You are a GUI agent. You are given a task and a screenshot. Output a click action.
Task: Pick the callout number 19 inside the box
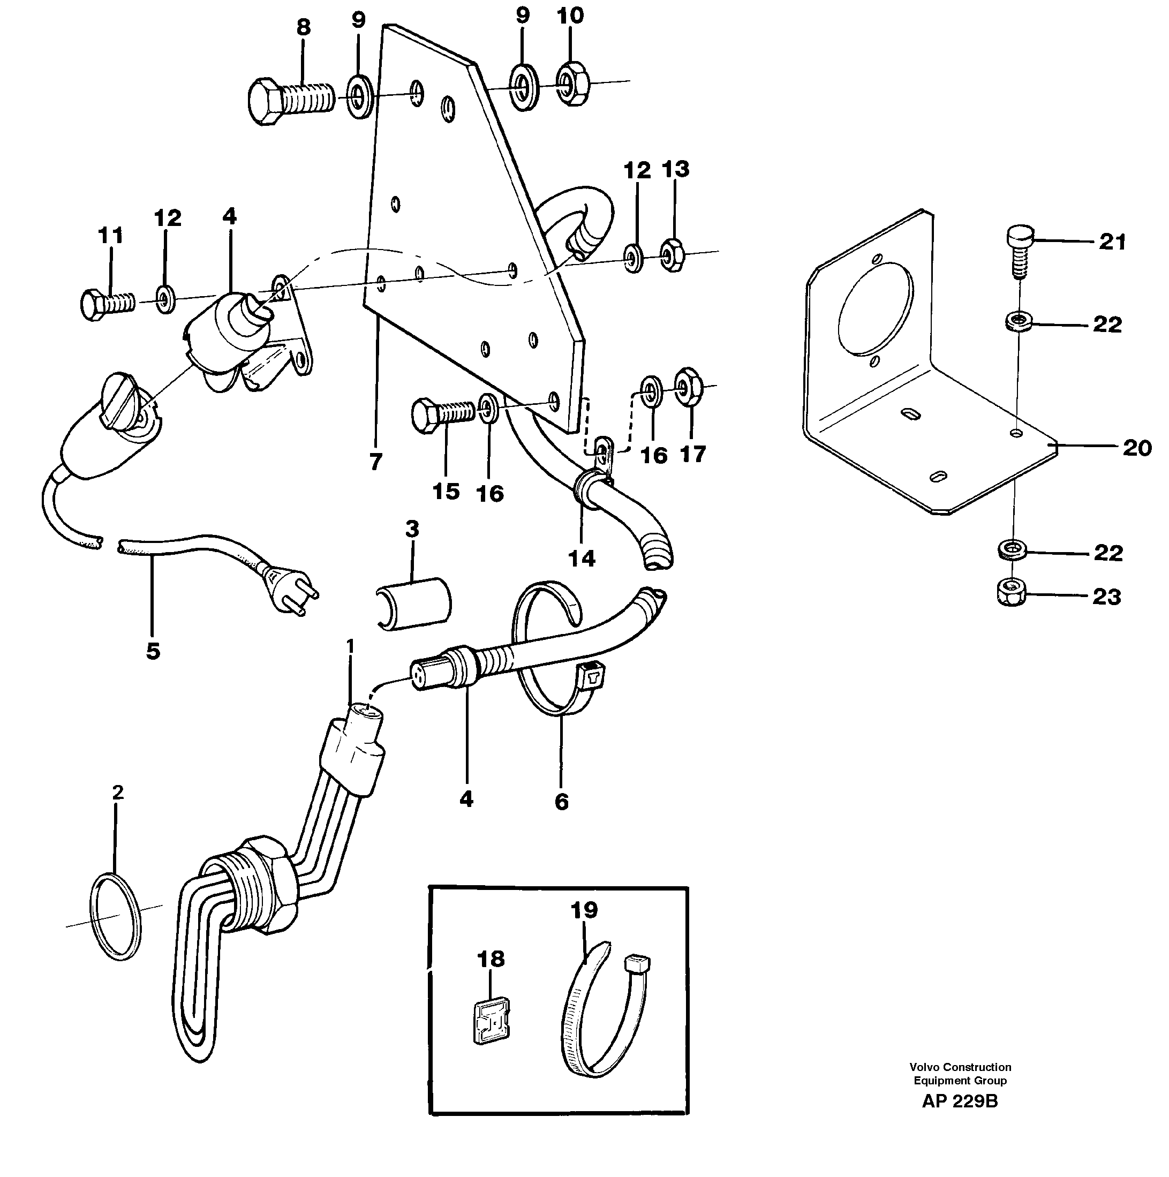click(584, 910)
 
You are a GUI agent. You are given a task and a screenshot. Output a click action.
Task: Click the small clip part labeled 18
click(492, 1027)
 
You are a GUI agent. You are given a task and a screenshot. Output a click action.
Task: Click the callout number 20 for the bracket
click(1137, 448)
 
